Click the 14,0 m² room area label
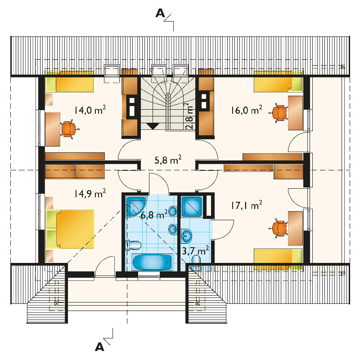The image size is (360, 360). [90, 110]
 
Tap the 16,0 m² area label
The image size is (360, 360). [247, 110]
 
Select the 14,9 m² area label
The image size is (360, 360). [90, 194]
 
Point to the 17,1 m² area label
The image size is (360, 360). [247, 205]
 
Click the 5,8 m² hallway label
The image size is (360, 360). [168, 160]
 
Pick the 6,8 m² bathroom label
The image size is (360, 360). [154, 215]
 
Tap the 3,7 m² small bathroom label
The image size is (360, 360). [195, 250]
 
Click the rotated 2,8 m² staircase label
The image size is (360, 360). [189, 116]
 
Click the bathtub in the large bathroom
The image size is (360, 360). [152, 262]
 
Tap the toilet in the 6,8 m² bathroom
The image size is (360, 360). [133, 245]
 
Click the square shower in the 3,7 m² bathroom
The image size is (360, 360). [192, 207]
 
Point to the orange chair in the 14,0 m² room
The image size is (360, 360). [69, 129]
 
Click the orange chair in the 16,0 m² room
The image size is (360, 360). [279, 113]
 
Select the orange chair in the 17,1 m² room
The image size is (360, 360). [279, 228]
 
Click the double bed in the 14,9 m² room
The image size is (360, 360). [70, 229]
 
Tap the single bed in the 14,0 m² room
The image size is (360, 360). [70, 82]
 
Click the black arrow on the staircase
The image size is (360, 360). [153, 126]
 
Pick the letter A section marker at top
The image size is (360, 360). [160, 13]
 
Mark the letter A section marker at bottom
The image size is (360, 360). [99, 347]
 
